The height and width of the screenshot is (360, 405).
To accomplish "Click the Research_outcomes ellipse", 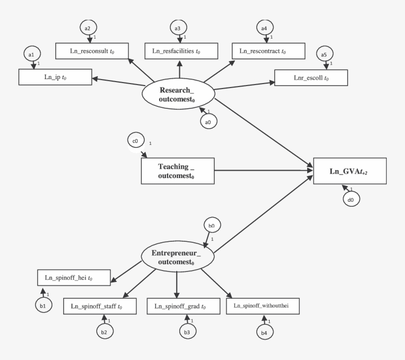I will coord(178,94).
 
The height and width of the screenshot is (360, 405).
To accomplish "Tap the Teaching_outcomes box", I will coord(178,171).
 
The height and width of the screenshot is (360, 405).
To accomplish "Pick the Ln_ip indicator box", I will coord(55,77).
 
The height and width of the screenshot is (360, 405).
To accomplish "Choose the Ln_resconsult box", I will coord(92,50).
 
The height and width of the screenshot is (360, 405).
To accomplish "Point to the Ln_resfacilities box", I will coord(179,50).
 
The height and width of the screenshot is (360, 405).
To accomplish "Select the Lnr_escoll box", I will coord(311,77).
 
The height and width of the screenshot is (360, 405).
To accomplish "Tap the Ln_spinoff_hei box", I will coord(74,278).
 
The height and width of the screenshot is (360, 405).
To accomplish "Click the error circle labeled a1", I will coord(31,54).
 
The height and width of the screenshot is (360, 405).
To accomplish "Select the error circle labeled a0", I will coord(208,121).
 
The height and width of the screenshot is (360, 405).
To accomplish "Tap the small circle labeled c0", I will coord(135,141).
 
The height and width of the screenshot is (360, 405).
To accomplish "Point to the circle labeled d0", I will coord(351,199).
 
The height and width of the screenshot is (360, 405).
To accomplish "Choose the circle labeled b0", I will coord(211,225).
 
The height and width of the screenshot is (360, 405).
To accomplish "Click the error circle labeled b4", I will coord(263,333).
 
